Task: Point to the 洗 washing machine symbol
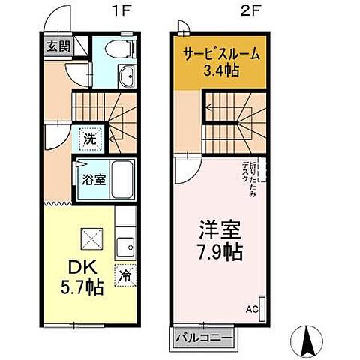pos(89,139)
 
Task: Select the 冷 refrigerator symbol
pos(125,274)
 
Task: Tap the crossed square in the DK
pos(95,241)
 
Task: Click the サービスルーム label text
pos(221,54)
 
